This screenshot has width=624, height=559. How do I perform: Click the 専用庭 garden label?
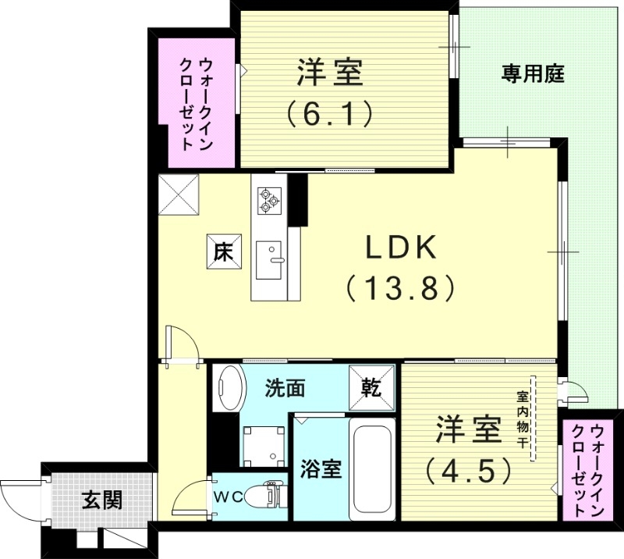click(533, 76)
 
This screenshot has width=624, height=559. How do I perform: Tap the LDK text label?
click(400, 249)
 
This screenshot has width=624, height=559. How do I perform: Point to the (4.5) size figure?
click(468, 469)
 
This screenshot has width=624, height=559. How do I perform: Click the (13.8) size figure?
click(400, 289)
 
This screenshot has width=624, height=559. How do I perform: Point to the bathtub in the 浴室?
click(372, 469)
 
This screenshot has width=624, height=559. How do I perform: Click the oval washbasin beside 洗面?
click(229, 387)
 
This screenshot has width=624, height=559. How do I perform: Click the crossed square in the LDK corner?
click(178, 195)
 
